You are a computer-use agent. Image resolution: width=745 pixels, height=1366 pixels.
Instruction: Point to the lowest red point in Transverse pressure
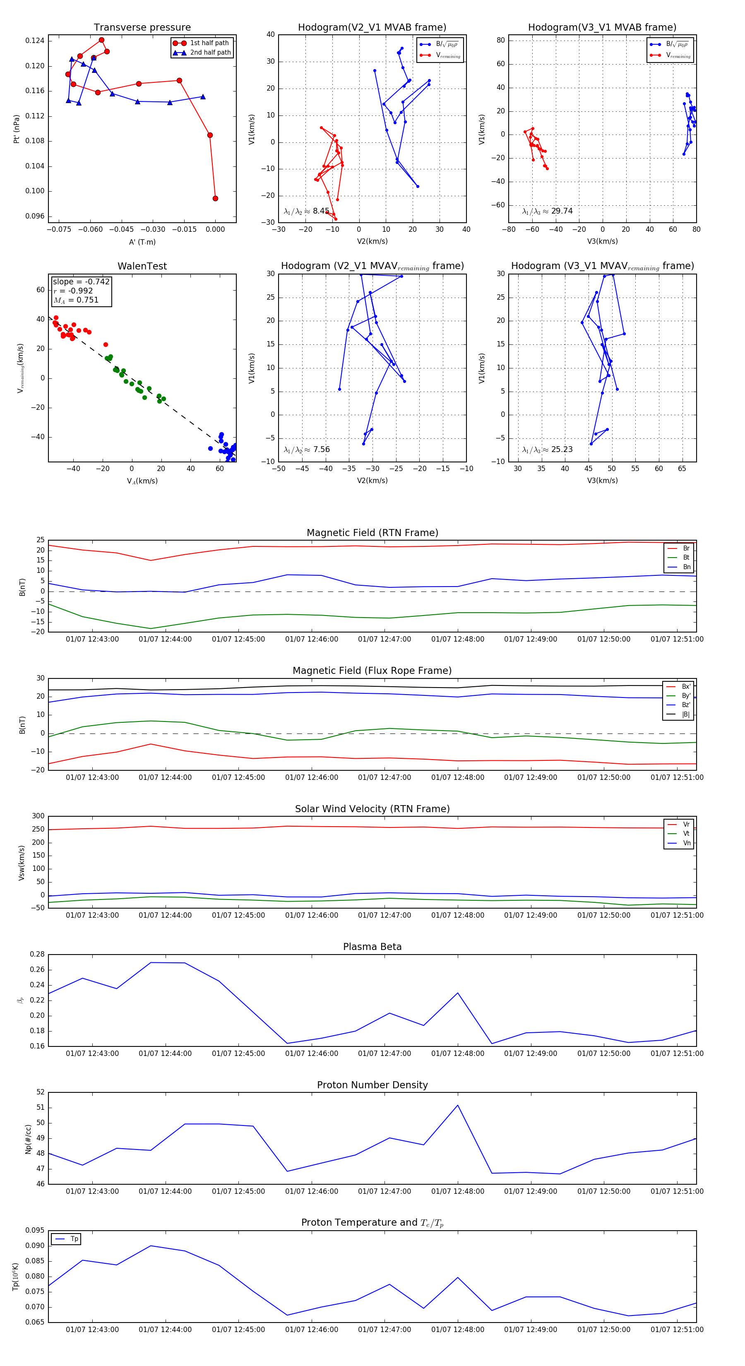coord(215,198)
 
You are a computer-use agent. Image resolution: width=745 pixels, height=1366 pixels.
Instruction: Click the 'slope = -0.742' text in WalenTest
coord(81,281)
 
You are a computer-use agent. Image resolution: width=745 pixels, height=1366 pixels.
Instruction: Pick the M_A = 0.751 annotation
coord(76,300)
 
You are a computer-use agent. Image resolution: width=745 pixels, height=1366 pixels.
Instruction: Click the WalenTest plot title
coord(142,266)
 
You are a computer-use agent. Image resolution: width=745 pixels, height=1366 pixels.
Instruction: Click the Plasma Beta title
coord(372,947)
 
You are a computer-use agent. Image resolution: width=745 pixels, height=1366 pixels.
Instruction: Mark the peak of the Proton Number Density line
coord(458,1106)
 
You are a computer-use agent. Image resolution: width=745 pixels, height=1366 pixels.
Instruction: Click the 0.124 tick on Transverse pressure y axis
coord(35,41)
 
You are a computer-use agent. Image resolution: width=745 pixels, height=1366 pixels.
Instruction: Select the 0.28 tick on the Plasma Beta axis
coord(37,954)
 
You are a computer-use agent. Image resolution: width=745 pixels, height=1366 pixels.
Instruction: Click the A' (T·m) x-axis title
coord(142,242)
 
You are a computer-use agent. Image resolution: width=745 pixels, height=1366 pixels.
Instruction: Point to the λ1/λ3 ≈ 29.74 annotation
coord(547,211)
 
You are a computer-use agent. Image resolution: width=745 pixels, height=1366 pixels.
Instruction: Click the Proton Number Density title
coord(372,1085)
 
